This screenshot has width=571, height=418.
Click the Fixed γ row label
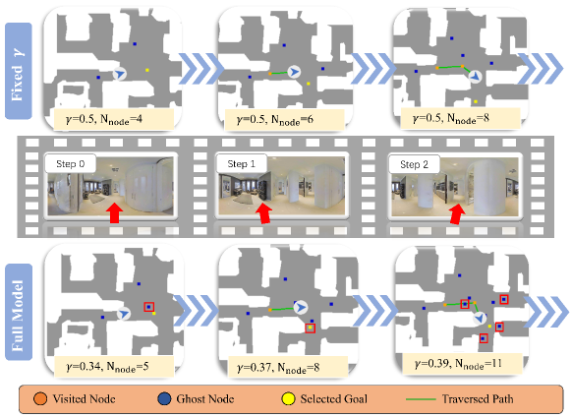(19, 71)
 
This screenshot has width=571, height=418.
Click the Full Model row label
(19, 312)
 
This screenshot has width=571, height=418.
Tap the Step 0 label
(71, 164)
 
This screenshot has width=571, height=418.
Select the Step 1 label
(242, 164)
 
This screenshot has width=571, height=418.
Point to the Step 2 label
(414, 164)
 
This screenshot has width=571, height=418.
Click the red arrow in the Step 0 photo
(114, 212)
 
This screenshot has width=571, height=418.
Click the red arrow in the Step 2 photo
(457, 214)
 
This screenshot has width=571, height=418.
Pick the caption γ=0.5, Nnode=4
(104, 119)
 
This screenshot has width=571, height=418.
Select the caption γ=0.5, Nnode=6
(275, 120)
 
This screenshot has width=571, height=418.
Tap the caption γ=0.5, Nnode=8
(451, 118)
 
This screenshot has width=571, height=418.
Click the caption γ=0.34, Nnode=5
(107, 366)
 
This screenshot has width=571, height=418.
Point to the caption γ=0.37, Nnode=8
(278, 368)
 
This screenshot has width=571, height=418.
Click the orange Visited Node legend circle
(40, 398)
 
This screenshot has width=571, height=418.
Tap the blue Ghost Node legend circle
(164, 398)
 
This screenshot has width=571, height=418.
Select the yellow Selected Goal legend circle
(288, 398)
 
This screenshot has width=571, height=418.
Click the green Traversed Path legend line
(421, 399)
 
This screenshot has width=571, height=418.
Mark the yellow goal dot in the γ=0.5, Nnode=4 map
(147, 70)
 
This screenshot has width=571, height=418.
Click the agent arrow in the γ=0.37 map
(301, 308)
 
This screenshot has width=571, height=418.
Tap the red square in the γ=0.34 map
(149, 307)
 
